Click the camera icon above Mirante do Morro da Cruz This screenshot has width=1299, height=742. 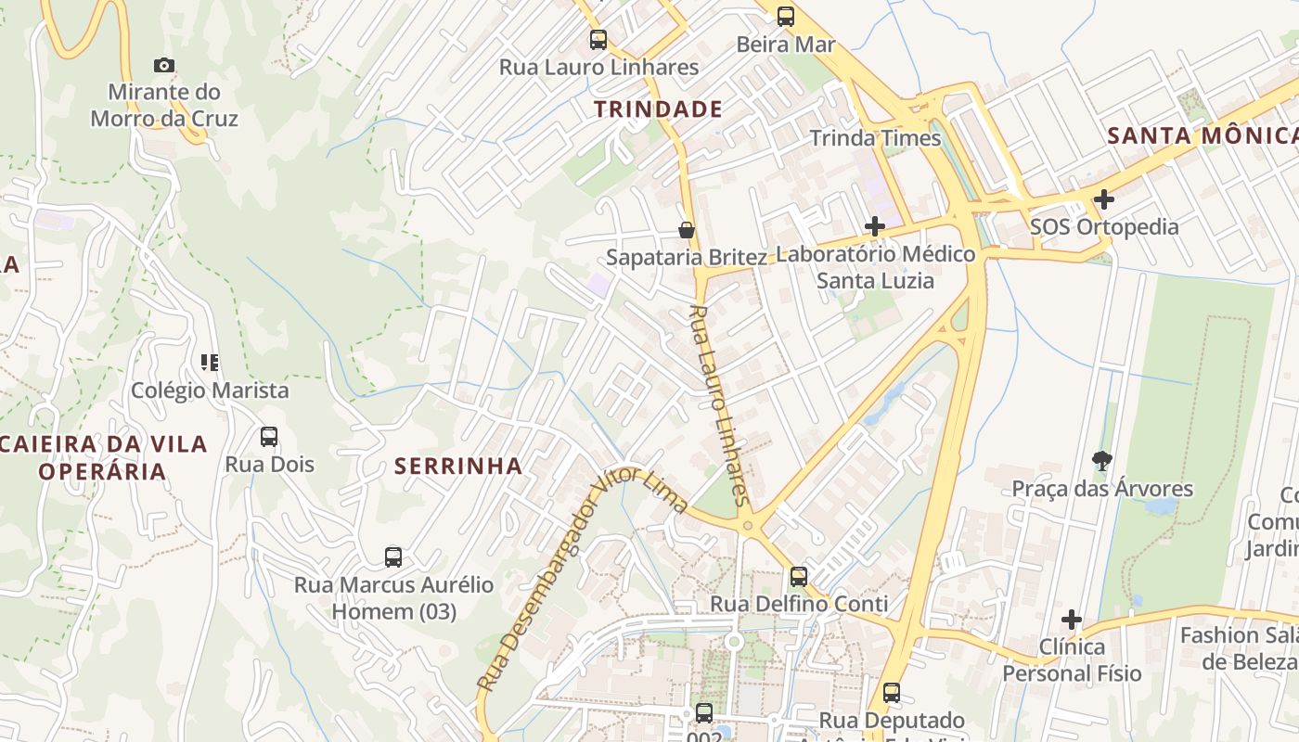pos(164,65)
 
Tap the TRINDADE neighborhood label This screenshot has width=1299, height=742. pos(658,109)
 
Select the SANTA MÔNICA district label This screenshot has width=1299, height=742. pos(1203,136)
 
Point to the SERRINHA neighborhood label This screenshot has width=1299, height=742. pos(458,467)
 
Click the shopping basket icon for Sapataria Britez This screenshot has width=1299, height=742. pos(687,230)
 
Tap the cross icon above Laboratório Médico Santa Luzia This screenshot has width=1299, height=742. pos(874,225)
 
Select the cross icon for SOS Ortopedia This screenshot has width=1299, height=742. pos(1103,198)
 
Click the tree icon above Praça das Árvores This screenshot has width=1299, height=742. pos(1102,460)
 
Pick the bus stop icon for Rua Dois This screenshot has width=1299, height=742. pos(269,436)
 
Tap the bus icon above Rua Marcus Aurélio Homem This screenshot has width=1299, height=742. pos(393,556)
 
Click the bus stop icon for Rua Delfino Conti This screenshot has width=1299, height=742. pos(799,576)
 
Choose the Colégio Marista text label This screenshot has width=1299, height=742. pos(210,390)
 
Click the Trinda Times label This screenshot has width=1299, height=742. pos(875,138)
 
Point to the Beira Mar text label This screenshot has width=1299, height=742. pos(785,45)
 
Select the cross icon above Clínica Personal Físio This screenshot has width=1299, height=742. pos(1072,619)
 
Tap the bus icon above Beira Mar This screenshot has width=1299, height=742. pos(786,16)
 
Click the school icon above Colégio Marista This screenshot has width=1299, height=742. pos(210,362)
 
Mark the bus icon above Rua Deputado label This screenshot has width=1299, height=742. pos(892,692)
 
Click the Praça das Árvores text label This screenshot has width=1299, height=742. pos(1102,489)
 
